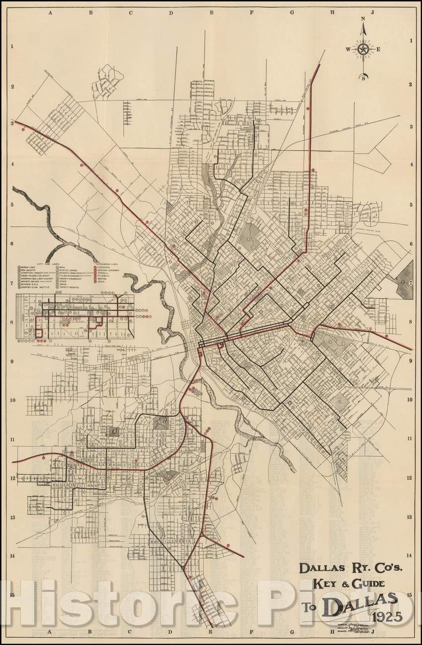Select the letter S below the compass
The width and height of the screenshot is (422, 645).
tap(363, 77)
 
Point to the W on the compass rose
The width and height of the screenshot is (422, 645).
tap(348, 49)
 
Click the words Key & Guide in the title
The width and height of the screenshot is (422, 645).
tap(347, 583)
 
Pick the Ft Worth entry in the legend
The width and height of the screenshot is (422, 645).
tap(103, 276)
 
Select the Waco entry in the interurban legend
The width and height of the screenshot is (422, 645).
tap(101, 282)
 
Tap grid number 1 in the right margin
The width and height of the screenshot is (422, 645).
tap(411, 44)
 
